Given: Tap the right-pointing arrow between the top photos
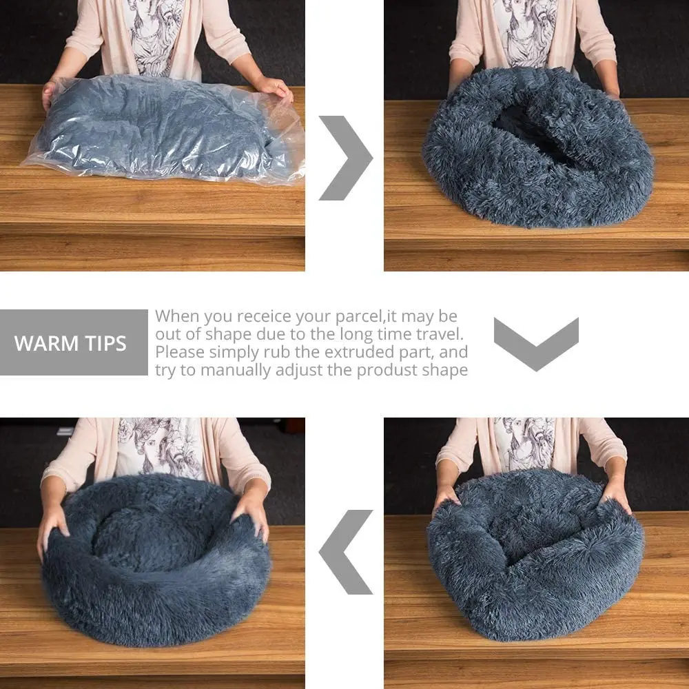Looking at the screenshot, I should pos(344,158).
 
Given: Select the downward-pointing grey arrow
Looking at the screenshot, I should pos(536,342).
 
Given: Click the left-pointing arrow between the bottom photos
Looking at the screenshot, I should pos(347,551).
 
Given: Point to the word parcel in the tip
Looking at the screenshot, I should pos(353,317).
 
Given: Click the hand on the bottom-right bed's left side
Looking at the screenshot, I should pos(444,497).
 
